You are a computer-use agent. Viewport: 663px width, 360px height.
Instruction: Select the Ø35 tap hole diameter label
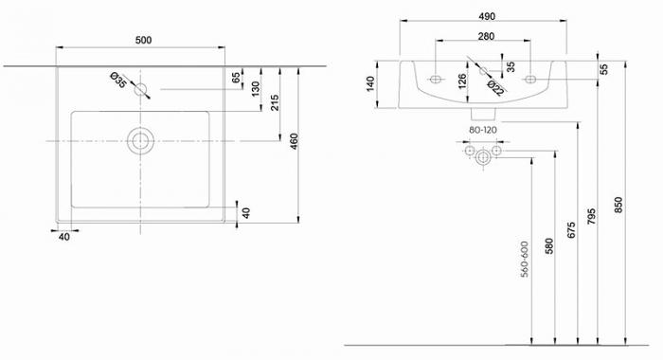pos(118,81)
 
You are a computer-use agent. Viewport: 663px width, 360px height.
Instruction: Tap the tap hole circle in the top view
pos(142,90)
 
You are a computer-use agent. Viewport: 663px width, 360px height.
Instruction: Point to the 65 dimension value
pos(236,79)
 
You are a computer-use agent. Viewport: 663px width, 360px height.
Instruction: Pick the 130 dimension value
pos(255,88)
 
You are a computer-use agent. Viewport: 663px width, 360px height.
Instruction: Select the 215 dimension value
pos(275,103)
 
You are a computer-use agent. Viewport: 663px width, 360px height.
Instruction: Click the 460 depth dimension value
pos(295,141)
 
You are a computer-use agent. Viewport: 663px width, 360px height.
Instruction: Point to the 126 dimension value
pos(462,84)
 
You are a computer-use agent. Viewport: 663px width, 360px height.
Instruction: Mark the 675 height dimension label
pos(572,234)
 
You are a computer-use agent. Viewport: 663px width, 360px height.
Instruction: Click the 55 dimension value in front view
pos(603,69)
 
